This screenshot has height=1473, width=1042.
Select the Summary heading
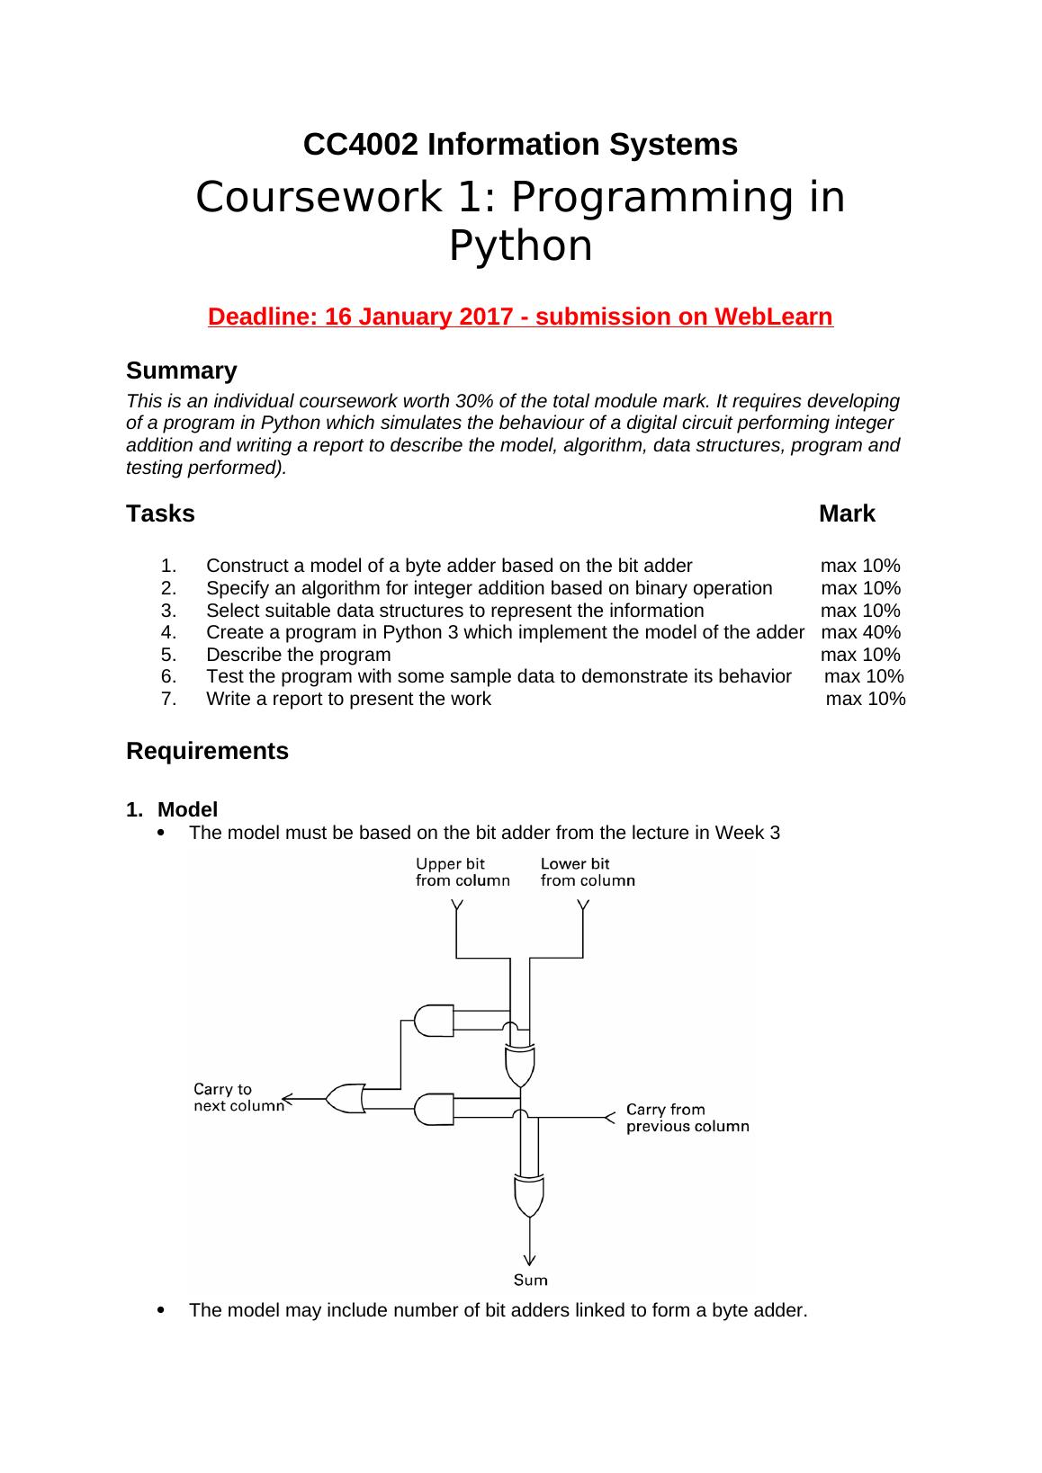click(181, 370)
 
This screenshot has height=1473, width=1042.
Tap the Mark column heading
click(847, 513)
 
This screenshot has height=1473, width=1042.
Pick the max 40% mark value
click(860, 631)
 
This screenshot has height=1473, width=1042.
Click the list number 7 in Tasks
click(169, 699)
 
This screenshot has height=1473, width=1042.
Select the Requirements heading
click(207, 751)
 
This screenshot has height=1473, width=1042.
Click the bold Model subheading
click(187, 809)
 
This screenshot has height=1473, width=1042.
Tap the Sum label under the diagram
click(530, 1280)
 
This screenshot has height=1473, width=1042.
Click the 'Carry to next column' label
click(238, 1097)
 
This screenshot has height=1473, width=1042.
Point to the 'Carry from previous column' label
click(687, 1118)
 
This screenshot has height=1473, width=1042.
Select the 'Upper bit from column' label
click(462, 872)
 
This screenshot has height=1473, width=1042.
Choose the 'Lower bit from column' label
click(587, 872)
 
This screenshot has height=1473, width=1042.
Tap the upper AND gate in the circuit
click(434, 1020)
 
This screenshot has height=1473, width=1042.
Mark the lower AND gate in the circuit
click(434, 1108)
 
